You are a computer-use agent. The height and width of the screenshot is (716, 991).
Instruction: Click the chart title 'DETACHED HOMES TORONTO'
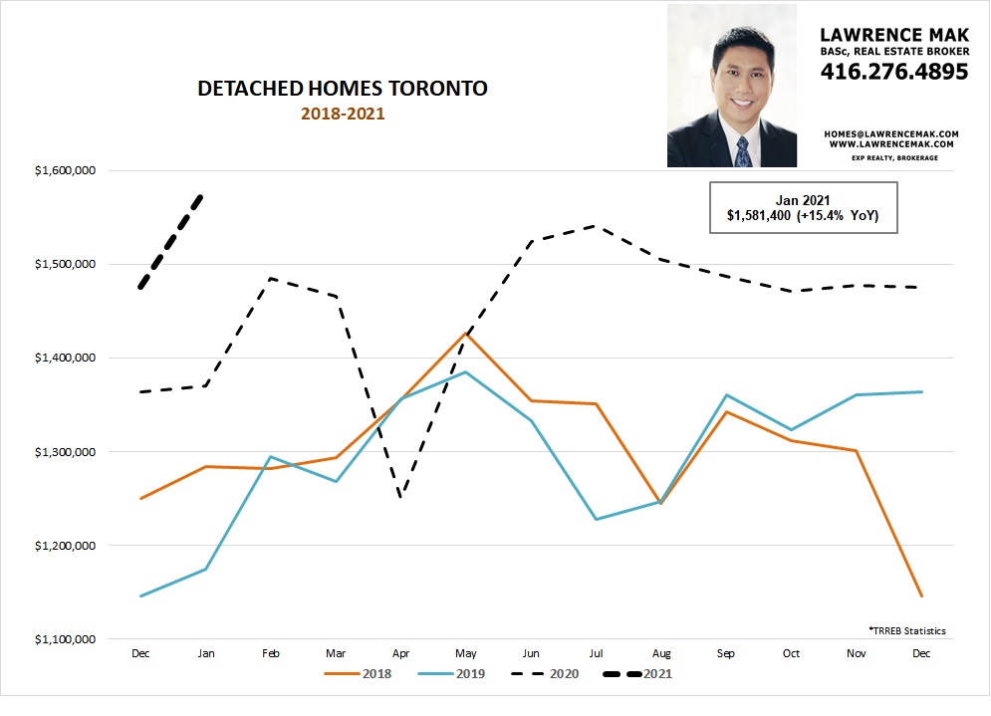click(x=343, y=89)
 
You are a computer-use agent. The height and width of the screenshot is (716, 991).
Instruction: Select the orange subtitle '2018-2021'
click(x=343, y=114)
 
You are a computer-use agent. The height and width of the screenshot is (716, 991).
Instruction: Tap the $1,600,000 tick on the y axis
click(x=65, y=170)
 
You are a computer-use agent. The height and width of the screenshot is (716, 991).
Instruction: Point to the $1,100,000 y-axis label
click(x=65, y=639)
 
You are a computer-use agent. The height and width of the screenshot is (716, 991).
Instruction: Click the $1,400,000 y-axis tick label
click(x=65, y=358)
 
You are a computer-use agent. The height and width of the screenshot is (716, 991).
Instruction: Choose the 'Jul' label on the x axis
click(x=596, y=652)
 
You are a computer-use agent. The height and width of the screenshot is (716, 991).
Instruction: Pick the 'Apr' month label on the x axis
click(x=400, y=652)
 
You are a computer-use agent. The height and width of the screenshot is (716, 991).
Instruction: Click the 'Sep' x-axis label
click(x=726, y=652)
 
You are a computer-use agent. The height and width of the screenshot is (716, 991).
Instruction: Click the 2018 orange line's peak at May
click(x=465, y=333)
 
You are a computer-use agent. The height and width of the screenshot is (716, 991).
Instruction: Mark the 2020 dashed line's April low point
click(x=400, y=497)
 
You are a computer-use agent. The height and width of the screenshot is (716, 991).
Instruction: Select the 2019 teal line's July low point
click(x=596, y=519)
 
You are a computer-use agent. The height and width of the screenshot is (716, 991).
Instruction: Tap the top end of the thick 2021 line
click(x=202, y=195)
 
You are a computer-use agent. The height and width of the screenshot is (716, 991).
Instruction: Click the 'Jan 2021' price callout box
click(x=803, y=208)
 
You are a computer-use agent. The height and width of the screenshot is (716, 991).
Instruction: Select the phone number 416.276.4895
click(x=893, y=72)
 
